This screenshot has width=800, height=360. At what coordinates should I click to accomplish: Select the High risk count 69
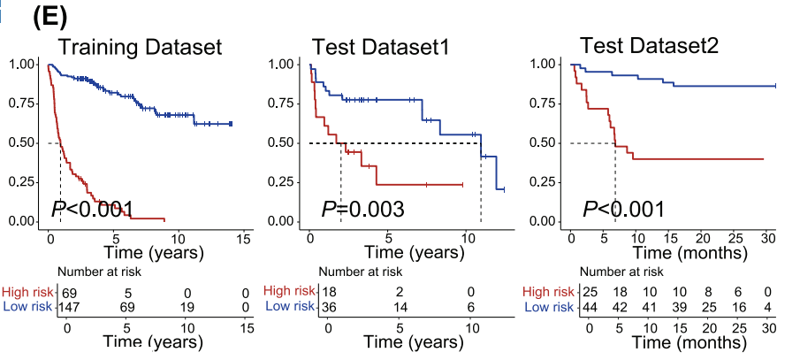[69, 291]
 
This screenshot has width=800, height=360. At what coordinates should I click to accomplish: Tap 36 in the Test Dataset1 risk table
[329, 306]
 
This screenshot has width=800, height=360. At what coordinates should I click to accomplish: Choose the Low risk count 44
[590, 306]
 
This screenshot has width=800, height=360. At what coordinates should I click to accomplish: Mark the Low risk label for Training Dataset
[28, 306]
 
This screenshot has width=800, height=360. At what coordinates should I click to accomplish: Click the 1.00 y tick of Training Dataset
[22, 64]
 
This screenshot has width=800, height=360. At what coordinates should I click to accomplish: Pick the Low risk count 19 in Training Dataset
[186, 306]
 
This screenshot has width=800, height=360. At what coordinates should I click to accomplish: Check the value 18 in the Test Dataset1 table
[329, 291]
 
